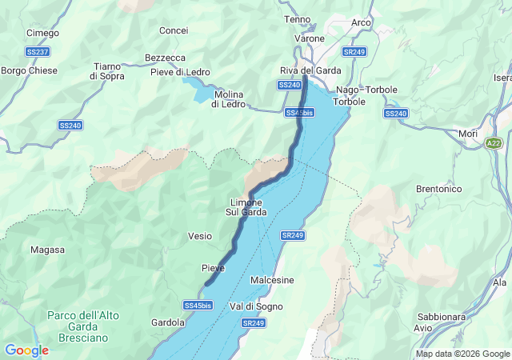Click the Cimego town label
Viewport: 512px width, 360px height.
point(42,33)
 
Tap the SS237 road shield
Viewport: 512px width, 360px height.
point(37,52)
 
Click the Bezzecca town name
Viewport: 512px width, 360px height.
point(165,58)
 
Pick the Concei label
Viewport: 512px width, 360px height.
point(174,30)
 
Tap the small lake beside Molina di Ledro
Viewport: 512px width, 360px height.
point(197,89)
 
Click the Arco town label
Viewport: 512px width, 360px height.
point(361,22)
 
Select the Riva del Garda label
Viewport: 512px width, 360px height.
point(310,70)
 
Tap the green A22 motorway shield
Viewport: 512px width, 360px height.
point(495,142)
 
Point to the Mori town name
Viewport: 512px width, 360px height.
point(468,134)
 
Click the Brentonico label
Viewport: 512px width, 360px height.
point(439,189)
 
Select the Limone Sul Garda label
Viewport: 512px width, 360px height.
point(246,207)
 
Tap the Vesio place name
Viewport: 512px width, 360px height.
point(199,236)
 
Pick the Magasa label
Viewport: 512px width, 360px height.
point(47,250)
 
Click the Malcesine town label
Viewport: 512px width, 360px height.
point(272,280)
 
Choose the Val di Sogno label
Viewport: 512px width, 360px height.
point(256,306)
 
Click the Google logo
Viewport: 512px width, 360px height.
point(26,350)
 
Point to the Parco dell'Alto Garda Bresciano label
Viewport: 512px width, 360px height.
point(83,327)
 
